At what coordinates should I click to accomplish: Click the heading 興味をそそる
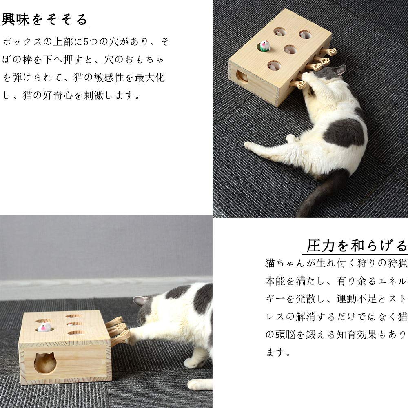pyautogui.click(x=44, y=19)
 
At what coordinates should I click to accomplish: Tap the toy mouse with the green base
pyautogui.click(x=264, y=46)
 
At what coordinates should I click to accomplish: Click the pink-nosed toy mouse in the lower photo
pyautogui.click(x=44, y=327)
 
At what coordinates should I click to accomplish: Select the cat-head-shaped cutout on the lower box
pyautogui.click(x=44, y=362)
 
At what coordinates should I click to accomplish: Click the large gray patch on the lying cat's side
pyautogui.click(x=343, y=133)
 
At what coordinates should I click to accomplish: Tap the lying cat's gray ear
pyautogui.click(x=339, y=70)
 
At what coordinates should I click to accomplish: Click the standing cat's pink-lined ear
pyautogui.click(x=141, y=301)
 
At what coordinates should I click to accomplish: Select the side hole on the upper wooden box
pyautogui.click(x=242, y=75)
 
